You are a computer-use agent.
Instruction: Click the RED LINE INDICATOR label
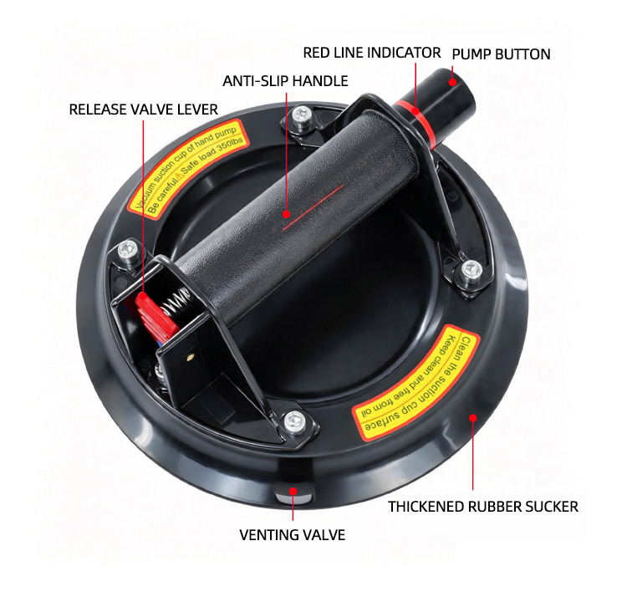[371, 53]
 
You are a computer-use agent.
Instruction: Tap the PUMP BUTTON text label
[501, 54]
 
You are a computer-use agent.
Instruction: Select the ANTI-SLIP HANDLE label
[285, 81]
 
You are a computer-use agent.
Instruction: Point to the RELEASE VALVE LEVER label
[143, 110]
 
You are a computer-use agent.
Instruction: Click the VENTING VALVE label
[293, 535]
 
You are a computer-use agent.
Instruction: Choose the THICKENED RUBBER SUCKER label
[483, 507]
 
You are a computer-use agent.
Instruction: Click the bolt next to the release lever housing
[128, 251]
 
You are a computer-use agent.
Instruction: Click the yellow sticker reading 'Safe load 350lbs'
[188, 167]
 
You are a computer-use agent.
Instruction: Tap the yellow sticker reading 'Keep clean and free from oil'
[416, 383]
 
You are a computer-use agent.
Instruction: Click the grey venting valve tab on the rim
[293, 498]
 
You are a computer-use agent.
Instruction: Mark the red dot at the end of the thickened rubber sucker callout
[473, 418]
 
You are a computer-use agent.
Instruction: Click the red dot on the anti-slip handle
[286, 214]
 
